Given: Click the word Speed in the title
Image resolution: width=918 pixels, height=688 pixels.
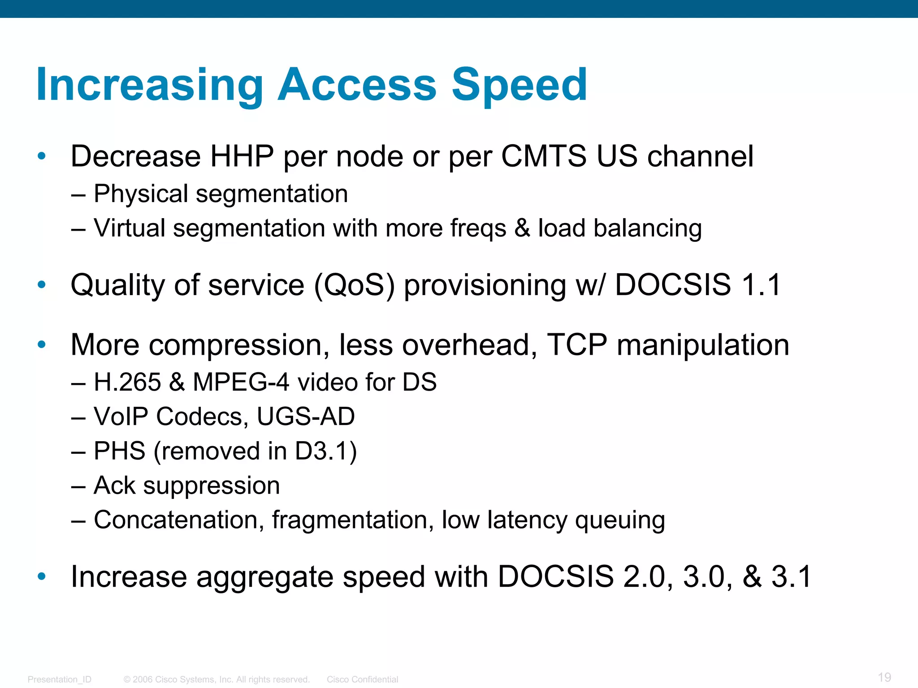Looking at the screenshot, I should coord(519,85).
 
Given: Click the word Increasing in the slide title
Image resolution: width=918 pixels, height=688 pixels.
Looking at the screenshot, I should coord(150,85).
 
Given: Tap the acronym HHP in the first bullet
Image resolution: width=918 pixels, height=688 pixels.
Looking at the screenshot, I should coord(242,156).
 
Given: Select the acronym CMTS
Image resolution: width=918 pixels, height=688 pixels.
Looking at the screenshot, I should coord(543,156).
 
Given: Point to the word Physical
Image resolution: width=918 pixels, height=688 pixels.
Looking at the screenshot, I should coord(141,194).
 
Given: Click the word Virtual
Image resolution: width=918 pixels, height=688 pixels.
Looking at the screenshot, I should coord(130,228).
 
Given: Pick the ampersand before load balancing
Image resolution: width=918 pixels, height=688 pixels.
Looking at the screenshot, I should coord(522,228).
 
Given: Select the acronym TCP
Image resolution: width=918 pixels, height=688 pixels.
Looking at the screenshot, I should coord(577,345).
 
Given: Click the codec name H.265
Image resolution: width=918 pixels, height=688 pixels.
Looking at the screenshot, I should coord(127,383).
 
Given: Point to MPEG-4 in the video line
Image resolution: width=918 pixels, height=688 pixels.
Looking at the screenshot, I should coord(241,383).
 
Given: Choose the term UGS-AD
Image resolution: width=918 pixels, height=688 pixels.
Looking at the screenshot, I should coord(306,417).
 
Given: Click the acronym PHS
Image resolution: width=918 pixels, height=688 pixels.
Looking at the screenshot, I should coord(119,451).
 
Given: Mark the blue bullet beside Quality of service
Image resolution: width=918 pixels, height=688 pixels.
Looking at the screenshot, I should coord(42,284).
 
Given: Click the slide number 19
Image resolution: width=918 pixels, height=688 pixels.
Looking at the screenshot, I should coord(884,677).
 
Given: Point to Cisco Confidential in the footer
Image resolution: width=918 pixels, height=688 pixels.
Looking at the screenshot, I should coord(362,679).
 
